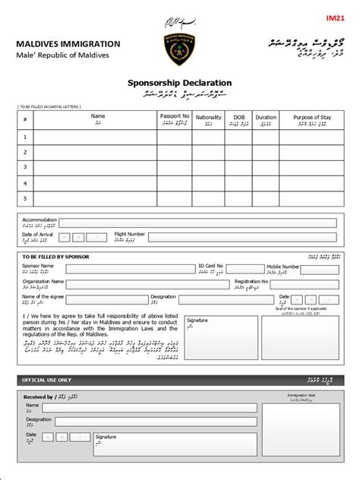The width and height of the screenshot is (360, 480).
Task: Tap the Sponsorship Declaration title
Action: [179, 83]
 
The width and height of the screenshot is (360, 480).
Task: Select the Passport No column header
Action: [174, 118]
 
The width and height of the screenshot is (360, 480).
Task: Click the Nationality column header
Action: [209, 119]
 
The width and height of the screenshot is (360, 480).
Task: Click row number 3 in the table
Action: [24, 167]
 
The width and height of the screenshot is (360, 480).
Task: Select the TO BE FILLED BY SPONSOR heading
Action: [57, 257]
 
